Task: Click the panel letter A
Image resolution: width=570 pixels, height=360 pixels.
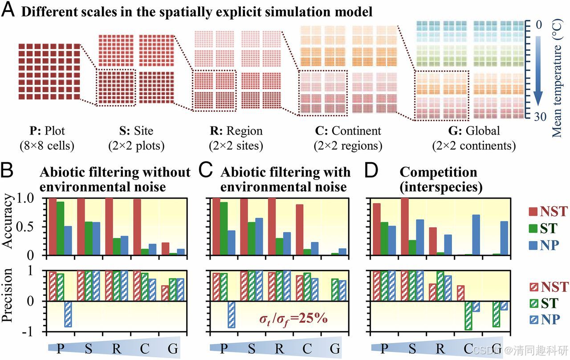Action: pyautogui.click(x=8, y=10)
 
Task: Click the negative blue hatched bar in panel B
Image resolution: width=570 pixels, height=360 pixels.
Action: pyautogui.click(x=68, y=314)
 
